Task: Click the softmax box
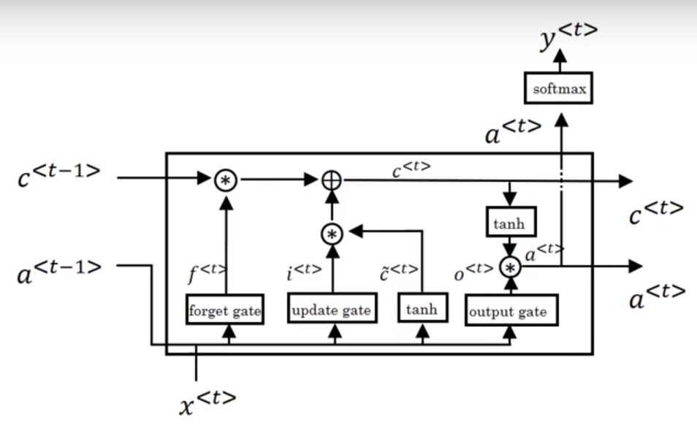pyautogui.click(x=560, y=90)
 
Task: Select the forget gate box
pyautogui.click(x=225, y=310)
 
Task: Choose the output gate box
pyautogui.click(x=511, y=311)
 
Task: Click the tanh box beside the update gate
pyautogui.click(x=422, y=309)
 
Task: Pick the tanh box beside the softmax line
pyautogui.click(x=509, y=223)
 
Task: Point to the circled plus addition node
pyautogui.click(x=332, y=179)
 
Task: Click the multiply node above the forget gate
pyautogui.click(x=225, y=179)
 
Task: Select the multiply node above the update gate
pyautogui.click(x=332, y=234)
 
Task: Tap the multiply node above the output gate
pyautogui.click(x=511, y=267)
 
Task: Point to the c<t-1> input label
pyautogui.click(x=58, y=175)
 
